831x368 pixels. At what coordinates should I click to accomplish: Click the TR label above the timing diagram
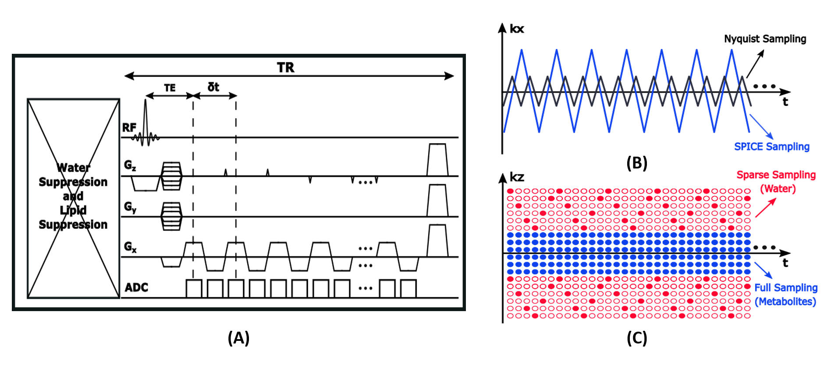pyautogui.click(x=285, y=67)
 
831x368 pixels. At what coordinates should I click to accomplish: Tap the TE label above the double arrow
pyautogui.click(x=170, y=88)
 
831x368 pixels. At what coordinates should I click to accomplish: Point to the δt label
pyautogui.click(x=213, y=87)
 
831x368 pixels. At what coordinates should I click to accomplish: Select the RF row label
pyautogui.click(x=129, y=128)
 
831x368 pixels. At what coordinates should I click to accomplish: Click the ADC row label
pyautogui.click(x=136, y=287)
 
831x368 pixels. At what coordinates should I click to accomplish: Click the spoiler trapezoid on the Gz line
pyautogui.click(x=437, y=160)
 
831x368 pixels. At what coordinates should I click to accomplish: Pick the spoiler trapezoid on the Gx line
pyautogui.click(x=437, y=241)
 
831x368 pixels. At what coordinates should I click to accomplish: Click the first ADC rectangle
pyautogui.click(x=194, y=289)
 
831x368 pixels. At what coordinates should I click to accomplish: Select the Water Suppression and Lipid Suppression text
pyautogui.click(x=73, y=196)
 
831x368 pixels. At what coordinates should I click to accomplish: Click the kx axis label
pyautogui.click(x=517, y=29)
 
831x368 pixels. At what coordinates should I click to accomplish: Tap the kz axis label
pyautogui.click(x=517, y=177)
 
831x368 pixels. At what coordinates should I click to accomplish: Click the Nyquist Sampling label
pyautogui.click(x=765, y=39)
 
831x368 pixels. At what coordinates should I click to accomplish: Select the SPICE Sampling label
pyautogui.click(x=771, y=147)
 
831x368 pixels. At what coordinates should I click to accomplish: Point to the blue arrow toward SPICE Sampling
pyautogui.click(x=761, y=126)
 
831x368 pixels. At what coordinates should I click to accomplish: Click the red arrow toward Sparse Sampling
pyautogui.click(x=766, y=208)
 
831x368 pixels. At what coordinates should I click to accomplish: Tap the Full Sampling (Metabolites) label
pyautogui.click(x=785, y=294)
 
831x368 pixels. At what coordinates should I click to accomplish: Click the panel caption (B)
pyautogui.click(x=636, y=163)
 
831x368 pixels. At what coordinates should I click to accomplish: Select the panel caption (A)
pyautogui.click(x=238, y=338)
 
